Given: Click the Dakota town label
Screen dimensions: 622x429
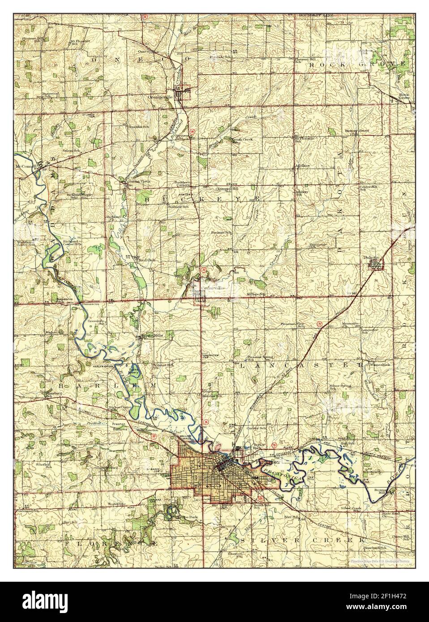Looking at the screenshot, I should click(x=371, y=258).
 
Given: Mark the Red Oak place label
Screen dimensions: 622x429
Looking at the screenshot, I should click(x=146, y=260).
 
